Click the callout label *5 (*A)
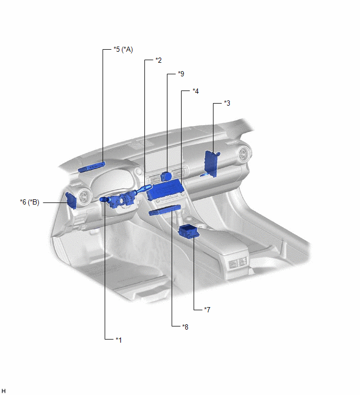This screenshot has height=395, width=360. pyautogui.click(x=123, y=49)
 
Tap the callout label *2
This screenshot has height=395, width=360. pyautogui.click(x=159, y=60)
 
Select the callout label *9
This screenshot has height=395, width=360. pyautogui.click(x=181, y=74)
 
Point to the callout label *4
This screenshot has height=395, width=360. pyautogui.click(x=196, y=91)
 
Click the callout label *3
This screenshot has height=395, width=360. pyautogui.click(x=227, y=103)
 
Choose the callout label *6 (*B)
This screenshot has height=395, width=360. pyautogui.click(x=30, y=202)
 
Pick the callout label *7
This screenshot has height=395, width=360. pyautogui.click(x=207, y=309)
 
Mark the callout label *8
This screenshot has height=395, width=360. pyautogui.click(x=185, y=327)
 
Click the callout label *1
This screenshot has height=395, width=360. pyautogui.click(x=119, y=340)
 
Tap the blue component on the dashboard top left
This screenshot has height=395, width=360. pyautogui.click(x=91, y=167)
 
